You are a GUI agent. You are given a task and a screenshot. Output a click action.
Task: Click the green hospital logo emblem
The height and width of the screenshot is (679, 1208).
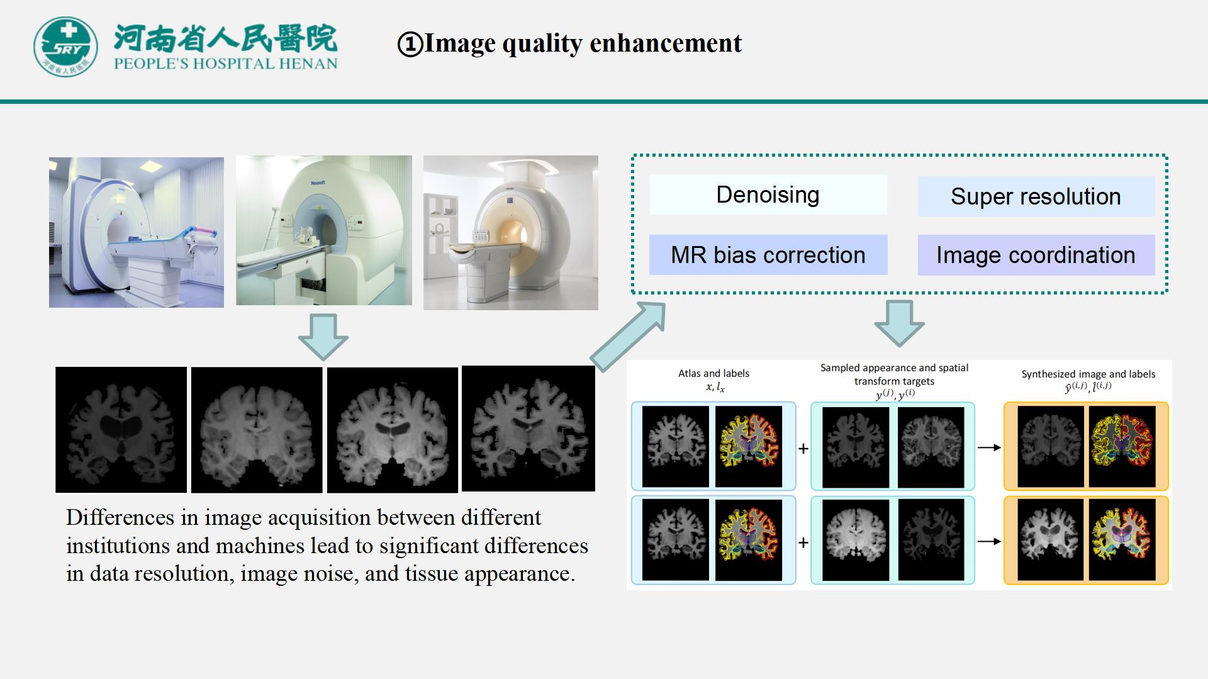pos(65,47)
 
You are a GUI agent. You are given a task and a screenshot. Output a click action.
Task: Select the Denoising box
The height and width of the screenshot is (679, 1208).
pos(768,195)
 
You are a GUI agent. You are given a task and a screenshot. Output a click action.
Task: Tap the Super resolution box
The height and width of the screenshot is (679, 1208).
pos(1036,197)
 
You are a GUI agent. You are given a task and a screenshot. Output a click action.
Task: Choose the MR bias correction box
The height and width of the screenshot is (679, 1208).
pos(768,255)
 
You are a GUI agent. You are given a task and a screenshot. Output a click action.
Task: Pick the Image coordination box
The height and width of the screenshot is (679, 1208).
pos(1036,255)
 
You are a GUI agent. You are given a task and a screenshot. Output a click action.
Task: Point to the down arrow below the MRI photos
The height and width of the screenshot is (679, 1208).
pos(323,337)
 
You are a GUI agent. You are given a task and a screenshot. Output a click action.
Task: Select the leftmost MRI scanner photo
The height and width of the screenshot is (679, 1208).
pos(137,232)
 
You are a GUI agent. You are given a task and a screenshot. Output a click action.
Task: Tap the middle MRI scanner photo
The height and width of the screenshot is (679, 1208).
pos(323,230)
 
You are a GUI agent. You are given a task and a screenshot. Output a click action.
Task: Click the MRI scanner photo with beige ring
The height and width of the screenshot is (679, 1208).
pos(510,233)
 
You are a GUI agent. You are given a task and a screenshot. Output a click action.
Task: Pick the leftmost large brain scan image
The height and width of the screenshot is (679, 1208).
pos(121,430)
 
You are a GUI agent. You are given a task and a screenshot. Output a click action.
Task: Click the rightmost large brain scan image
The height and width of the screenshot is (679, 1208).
pos(528,429)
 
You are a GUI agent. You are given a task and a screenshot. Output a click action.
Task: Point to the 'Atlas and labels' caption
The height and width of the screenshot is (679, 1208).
pos(713,374)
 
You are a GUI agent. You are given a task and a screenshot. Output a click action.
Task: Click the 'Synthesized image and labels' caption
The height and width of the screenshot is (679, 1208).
pos(1088,374)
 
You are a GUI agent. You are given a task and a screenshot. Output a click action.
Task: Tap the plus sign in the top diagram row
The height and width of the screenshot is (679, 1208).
pos(803,449)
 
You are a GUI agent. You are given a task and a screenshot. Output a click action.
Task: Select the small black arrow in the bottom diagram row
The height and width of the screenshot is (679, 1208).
pos(988,541)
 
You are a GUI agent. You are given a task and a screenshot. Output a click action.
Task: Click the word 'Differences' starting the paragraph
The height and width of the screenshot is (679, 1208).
pos(120,517)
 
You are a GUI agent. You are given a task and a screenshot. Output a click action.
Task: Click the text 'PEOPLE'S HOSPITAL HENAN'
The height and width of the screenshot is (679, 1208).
pos(225,64)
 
